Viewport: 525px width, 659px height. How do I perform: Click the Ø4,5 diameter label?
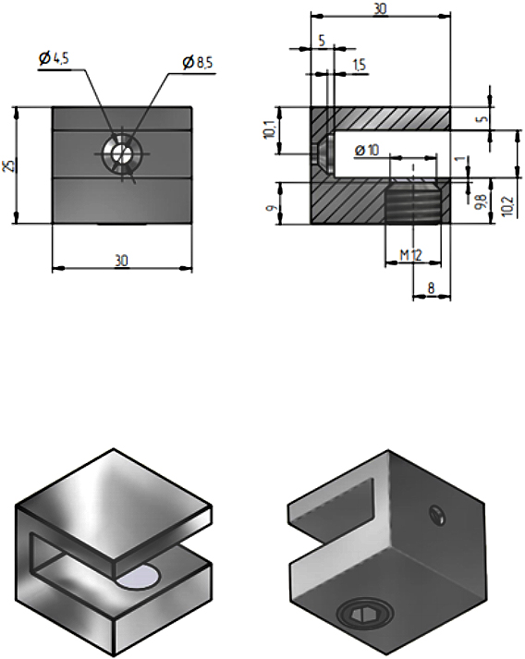pos(55,58)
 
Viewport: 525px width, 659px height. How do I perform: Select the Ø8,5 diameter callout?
pos(200,62)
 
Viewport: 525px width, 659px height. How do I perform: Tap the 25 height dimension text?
pos(8,165)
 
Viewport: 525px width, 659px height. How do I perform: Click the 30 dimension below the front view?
pos(121,261)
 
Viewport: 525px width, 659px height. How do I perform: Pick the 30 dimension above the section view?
pos(380,7)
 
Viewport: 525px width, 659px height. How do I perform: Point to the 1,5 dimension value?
pos(360,65)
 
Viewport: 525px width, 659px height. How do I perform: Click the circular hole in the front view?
pos(119,153)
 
